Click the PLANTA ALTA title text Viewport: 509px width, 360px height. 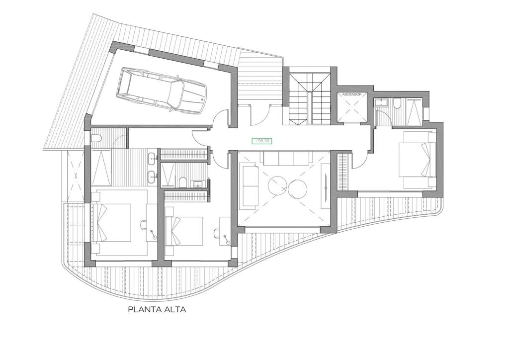click(x=157, y=309)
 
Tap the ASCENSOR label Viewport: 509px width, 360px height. click(x=352, y=94)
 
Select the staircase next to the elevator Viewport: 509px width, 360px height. click(x=310, y=99)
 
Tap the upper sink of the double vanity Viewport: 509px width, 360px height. click(x=153, y=159)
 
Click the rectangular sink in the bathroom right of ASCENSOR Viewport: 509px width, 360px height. click(x=379, y=103)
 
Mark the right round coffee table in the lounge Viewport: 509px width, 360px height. click(x=297, y=189)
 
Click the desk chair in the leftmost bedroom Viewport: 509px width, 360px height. click(x=143, y=223)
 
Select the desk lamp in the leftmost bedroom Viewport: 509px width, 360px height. click(x=153, y=234)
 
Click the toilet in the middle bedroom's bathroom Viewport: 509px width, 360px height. click(x=183, y=182)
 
